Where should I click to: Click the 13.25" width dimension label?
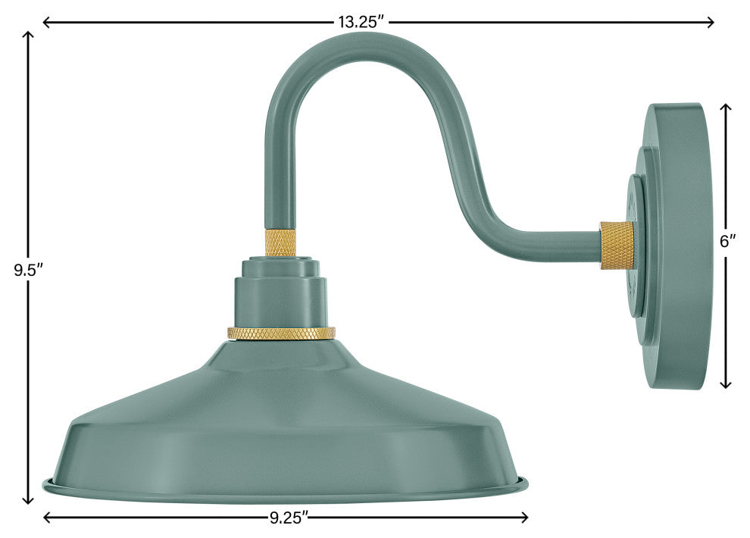(363, 22)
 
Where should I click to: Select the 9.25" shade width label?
(289, 518)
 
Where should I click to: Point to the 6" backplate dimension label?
(727, 242)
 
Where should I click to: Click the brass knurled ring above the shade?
(281, 333)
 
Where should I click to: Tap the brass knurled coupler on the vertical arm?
(280, 242)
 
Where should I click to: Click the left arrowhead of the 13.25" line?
(45, 23)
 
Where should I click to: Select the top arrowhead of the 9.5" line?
(30, 36)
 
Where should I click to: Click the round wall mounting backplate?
(674, 246)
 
